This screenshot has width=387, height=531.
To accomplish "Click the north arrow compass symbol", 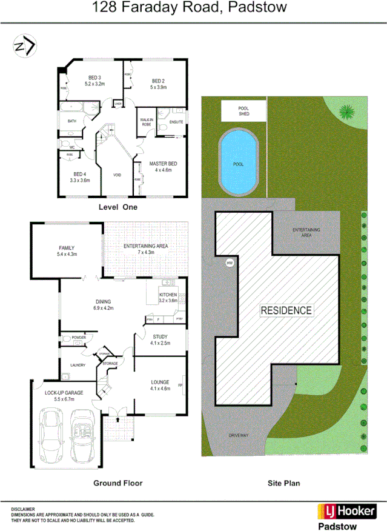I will pos(25,46).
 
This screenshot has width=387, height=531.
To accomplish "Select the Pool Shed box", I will pos(243,111).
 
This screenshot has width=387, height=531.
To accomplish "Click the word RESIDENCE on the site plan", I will pos(286,310).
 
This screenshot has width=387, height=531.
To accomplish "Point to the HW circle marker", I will pos(230,263).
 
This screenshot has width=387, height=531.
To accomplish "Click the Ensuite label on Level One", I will pos(176,122).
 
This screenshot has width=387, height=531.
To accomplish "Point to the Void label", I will pos(117,175).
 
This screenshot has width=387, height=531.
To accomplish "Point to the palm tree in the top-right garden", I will pos(346,112).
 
